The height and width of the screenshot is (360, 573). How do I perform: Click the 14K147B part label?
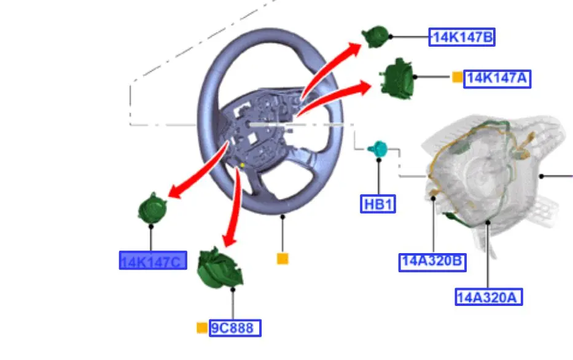pyautogui.click(x=462, y=37)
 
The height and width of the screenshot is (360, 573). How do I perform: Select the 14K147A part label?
pyautogui.click(x=497, y=78)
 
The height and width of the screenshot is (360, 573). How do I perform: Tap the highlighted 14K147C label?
pyautogui.click(x=152, y=261)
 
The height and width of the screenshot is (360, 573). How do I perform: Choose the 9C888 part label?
pyautogui.click(x=235, y=328)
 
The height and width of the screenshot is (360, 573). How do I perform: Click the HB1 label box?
pyautogui.click(x=378, y=204)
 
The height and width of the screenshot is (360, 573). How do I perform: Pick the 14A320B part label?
pyautogui.click(x=432, y=262)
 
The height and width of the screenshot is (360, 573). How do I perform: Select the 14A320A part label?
pyautogui.click(x=489, y=297)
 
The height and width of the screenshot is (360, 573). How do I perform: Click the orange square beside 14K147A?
pyautogui.click(x=457, y=77)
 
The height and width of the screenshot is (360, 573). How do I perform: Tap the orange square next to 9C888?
pyautogui.click(x=201, y=328)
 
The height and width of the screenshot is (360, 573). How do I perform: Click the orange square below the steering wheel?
pyautogui.click(x=283, y=259)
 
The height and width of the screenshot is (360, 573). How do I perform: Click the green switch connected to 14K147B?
pyautogui.click(x=375, y=36)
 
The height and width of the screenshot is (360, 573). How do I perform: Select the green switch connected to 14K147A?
pyautogui.click(x=398, y=77)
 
